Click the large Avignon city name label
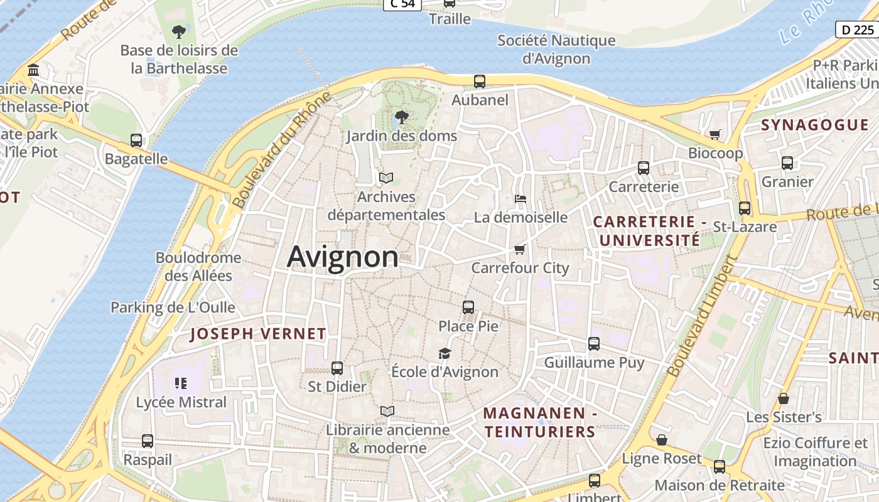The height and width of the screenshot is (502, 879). click(x=343, y=257)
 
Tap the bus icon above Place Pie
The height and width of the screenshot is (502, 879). click(x=468, y=307)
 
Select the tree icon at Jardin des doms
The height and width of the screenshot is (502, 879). click(x=401, y=117)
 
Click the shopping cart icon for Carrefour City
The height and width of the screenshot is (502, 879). click(x=519, y=250)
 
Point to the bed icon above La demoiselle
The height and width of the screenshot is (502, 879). click(x=520, y=199)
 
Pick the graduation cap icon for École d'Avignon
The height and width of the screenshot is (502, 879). click(x=445, y=353)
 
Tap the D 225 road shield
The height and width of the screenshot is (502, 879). click(x=856, y=29)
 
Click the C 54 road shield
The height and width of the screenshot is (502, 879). click(x=402, y=4)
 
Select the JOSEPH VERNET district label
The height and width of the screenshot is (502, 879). click(x=258, y=334)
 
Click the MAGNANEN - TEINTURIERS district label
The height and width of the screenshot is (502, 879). click(x=540, y=422)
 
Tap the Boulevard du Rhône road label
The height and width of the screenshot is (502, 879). click(x=281, y=151)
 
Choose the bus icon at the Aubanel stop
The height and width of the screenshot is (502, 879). click(x=480, y=81)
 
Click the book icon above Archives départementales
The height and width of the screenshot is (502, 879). click(x=386, y=178)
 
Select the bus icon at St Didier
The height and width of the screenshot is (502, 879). click(x=337, y=368)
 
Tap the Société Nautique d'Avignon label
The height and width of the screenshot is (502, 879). click(x=556, y=50)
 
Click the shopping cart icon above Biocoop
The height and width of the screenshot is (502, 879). click(x=715, y=134)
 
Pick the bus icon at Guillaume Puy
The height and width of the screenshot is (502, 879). click(x=594, y=344)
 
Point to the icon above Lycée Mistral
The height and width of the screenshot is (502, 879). click(x=181, y=383)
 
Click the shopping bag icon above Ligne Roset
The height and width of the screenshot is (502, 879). click(x=661, y=440)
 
